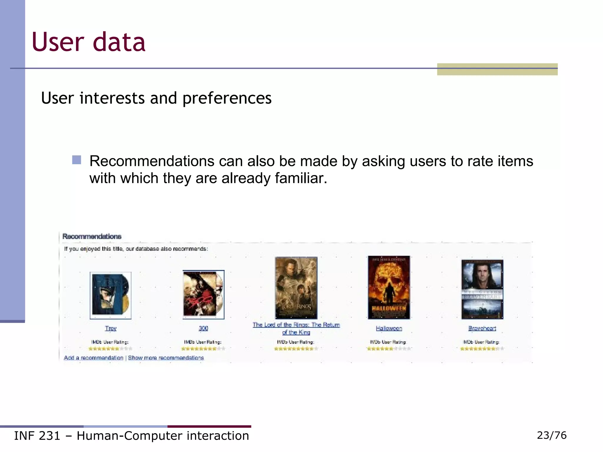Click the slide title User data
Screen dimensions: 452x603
coord(88,42)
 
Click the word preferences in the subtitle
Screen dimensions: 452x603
coord(227,98)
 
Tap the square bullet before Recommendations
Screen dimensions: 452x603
coord(77,160)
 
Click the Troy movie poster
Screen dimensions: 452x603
coord(110,295)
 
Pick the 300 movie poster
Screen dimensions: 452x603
coord(203,295)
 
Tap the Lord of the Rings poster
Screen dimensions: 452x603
coord(296,288)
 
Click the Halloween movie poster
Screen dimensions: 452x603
coord(389,287)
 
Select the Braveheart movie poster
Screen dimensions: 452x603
coord(482,289)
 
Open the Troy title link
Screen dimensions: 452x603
coord(111,328)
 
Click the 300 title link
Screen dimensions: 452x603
coord(203,328)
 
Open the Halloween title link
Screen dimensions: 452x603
coord(389,328)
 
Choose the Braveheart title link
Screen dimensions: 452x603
coord(482,328)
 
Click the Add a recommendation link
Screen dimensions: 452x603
coord(94,358)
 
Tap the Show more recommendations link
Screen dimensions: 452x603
coord(166,358)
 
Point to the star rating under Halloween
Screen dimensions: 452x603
coord(389,349)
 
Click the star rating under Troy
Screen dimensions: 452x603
coord(110,349)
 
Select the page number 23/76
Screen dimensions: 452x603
coord(552,435)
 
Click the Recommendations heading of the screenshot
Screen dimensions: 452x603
coord(92,237)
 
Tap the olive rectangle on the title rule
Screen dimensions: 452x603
coord(497,69)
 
